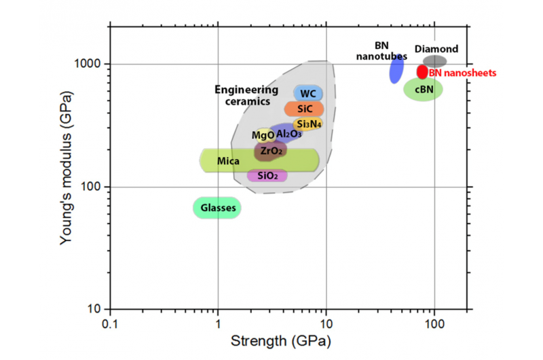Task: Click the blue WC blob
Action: (307, 93)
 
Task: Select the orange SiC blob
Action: (303, 109)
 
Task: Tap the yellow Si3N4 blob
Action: (308, 124)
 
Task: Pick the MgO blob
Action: (262, 135)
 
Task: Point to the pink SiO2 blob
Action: (267, 175)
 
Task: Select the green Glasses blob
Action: (217, 209)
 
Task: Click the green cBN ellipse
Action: (423, 89)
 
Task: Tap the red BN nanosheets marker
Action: (422, 71)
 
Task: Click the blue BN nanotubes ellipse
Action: (396, 69)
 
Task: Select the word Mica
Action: (226, 161)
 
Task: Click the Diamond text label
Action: (436, 49)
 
